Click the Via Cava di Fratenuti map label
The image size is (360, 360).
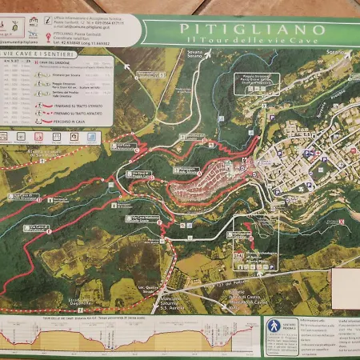(x=35, y=229)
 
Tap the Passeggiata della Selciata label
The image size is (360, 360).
(x=186, y=170)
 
